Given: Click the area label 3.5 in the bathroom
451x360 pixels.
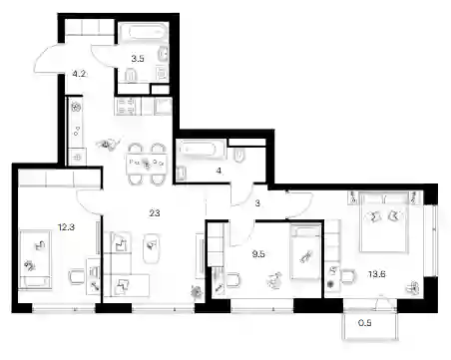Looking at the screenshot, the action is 138,59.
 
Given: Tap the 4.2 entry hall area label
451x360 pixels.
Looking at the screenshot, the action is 79,74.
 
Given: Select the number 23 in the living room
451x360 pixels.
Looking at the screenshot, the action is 155,212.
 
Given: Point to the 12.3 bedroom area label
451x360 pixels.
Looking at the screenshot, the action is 66,227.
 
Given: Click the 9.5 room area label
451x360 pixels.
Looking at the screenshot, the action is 258,254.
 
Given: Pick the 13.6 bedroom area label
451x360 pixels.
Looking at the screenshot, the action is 377,274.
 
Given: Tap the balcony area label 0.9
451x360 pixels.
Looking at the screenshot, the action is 365,323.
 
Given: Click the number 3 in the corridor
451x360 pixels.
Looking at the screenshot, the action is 257,203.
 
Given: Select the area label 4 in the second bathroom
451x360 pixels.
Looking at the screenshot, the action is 219,171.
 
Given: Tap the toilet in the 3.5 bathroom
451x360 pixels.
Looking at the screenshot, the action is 131,76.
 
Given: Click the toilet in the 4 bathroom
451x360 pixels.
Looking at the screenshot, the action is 239,156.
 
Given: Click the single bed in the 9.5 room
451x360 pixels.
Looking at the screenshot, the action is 305,252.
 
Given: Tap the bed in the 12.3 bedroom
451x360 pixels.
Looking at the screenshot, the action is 35,259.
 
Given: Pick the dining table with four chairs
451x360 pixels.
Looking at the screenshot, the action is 147,164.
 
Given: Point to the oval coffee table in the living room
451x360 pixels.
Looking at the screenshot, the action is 152,248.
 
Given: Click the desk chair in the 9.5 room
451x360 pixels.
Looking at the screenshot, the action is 232,280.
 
